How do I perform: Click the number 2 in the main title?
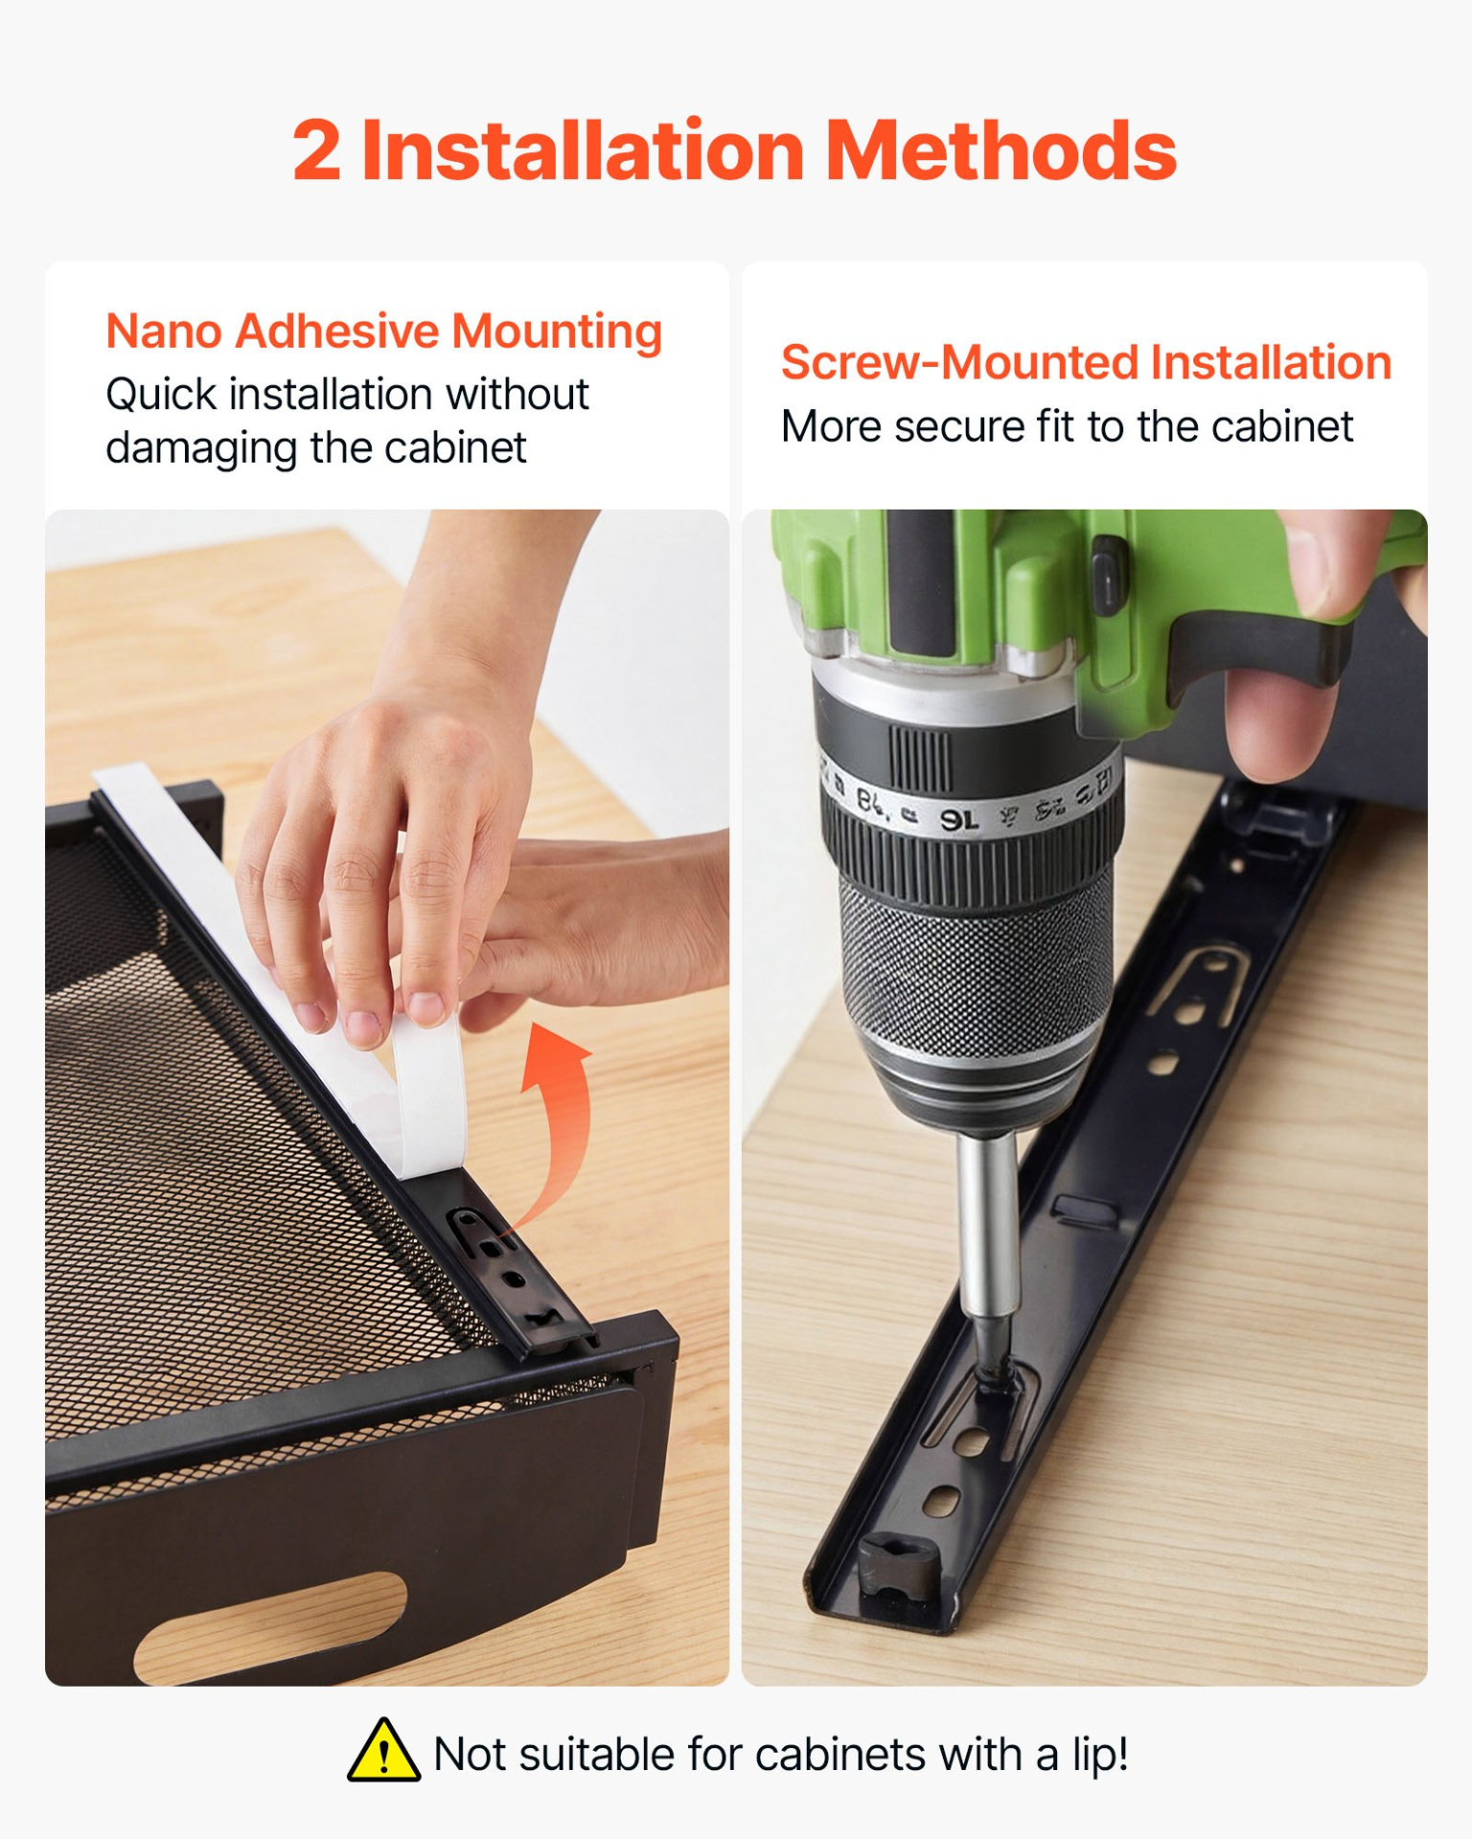[316, 151]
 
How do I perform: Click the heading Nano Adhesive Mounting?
[383, 332]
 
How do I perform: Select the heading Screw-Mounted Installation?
[1086, 363]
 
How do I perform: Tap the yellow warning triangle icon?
[383, 1751]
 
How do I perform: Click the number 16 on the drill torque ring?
[958, 819]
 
